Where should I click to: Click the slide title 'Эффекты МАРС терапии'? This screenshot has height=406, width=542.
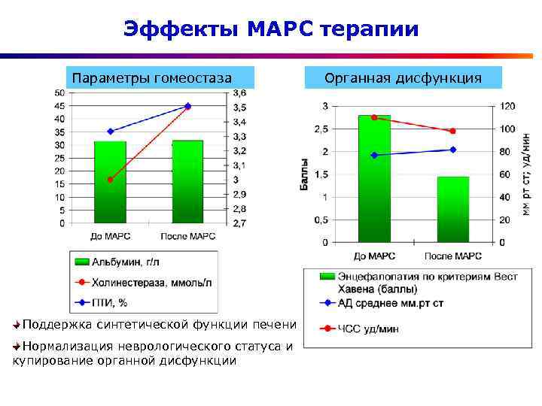(x=271, y=29)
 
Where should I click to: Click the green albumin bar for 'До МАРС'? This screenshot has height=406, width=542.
(x=110, y=184)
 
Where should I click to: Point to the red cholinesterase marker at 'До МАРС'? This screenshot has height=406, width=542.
(x=110, y=180)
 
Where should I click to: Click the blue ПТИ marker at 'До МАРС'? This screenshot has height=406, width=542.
(x=110, y=132)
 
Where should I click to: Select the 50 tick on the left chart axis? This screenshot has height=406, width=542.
(x=59, y=92)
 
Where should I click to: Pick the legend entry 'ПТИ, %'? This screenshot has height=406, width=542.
(x=108, y=303)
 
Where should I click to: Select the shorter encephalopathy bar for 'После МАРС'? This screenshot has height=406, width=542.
(x=452, y=211)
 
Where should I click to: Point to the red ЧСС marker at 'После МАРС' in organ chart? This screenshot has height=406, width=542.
(x=452, y=132)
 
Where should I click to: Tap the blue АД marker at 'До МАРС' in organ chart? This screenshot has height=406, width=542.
(x=374, y=155)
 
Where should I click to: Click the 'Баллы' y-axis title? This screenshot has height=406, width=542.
(x=305, y=174)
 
